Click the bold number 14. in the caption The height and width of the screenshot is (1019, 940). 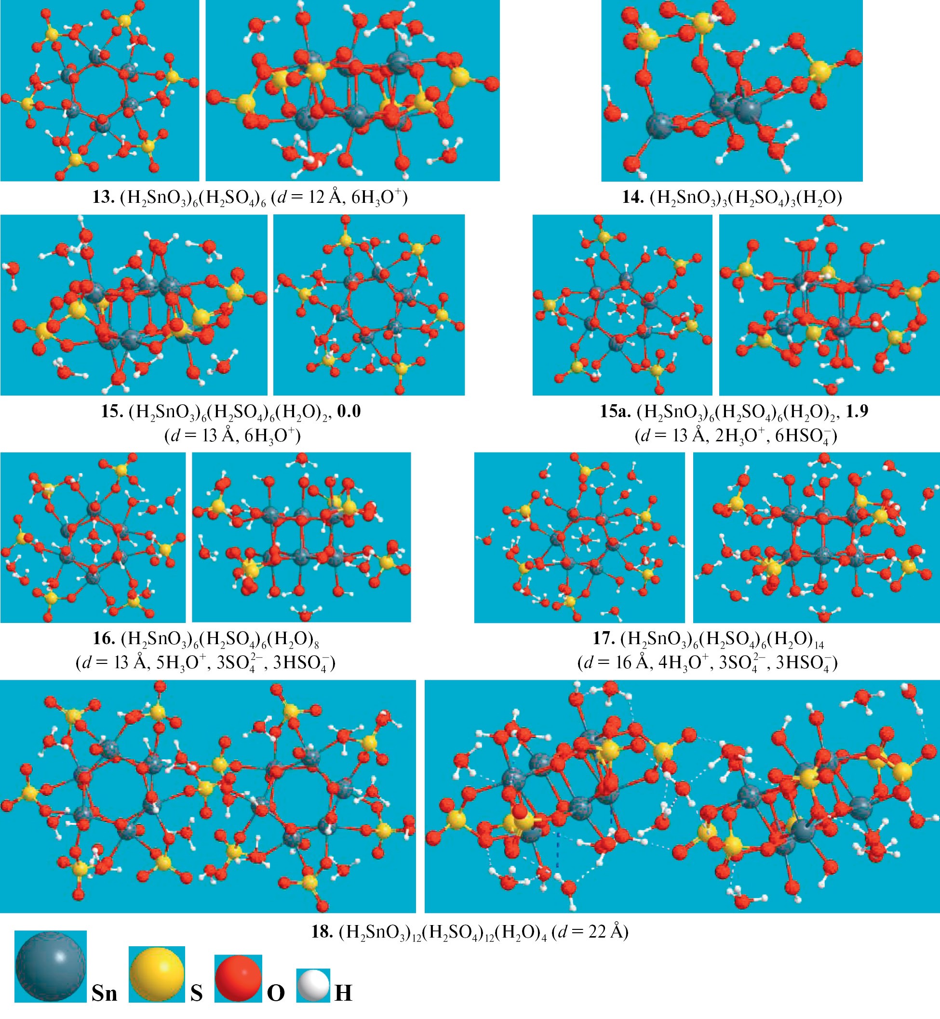coord(633,197)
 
